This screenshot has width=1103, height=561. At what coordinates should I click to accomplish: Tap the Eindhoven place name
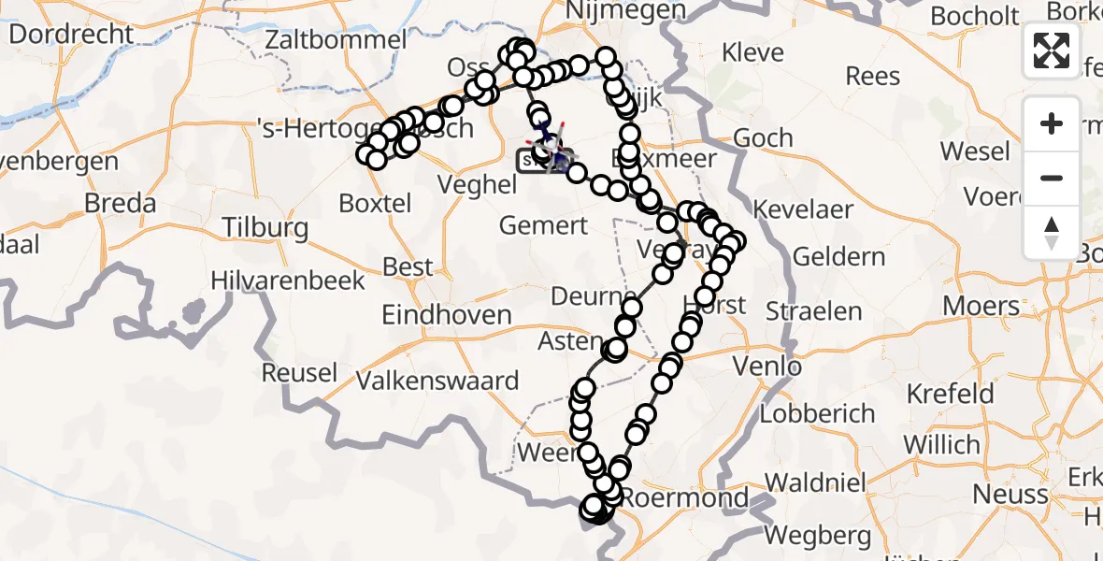(x=446, y=315)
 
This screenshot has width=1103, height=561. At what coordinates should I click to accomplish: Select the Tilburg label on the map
(x=265, y=228)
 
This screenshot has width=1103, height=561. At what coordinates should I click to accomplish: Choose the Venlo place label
(x=768, y=366)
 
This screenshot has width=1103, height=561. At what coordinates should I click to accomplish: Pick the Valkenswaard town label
(x=437, y=381)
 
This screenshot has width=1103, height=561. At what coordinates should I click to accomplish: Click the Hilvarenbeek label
(x=288, y=280)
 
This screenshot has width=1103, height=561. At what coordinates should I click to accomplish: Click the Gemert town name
(x=543, y=225)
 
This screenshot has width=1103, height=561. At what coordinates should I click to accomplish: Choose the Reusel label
(x=299, y=372)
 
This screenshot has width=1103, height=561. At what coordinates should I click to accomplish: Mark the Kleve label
(x=753, y=52)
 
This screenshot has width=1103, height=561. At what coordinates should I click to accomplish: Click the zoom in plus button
(x=1052, y=123)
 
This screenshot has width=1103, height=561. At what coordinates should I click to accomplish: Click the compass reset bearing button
(x=1052, y=232)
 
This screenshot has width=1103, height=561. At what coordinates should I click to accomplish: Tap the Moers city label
(x=981, y=306)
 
